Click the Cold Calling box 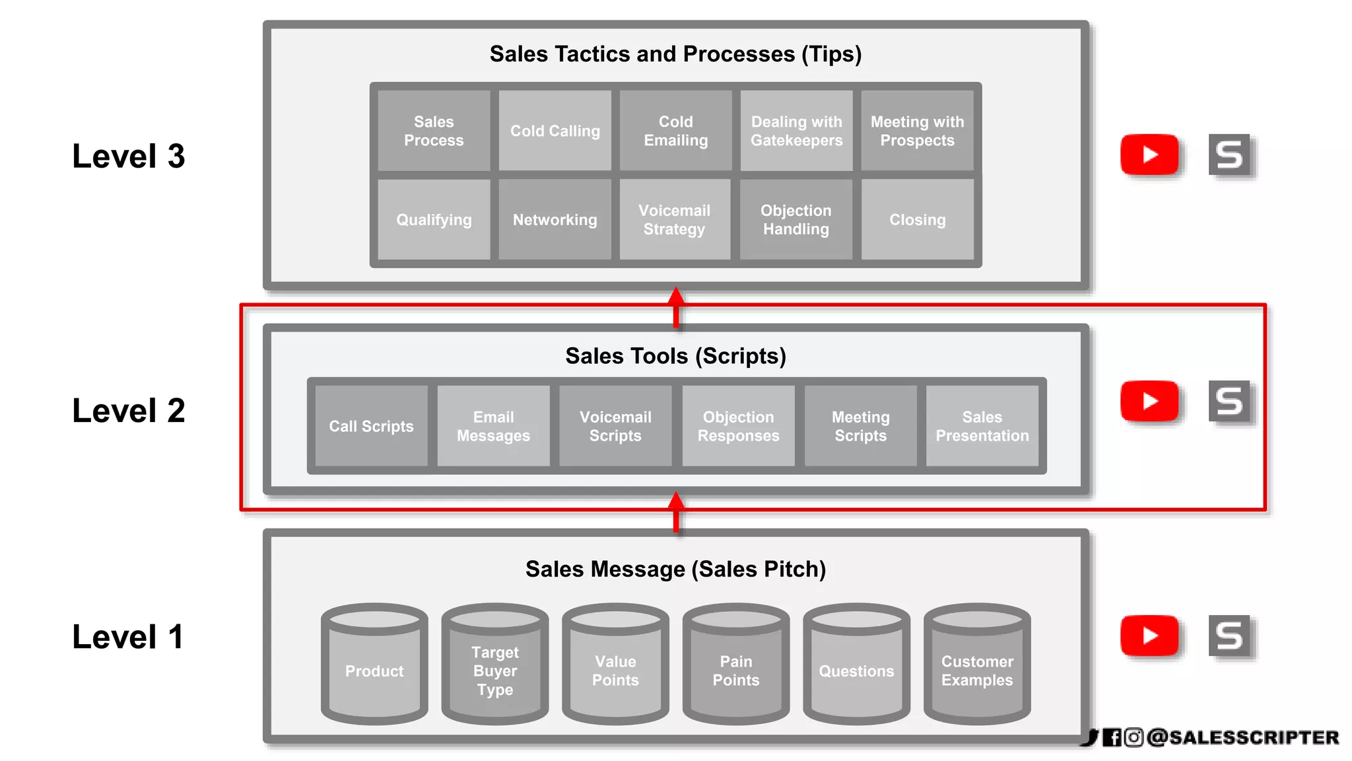(x=555, y=131)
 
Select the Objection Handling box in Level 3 (x=796, y=219)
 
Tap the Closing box (x=917, y=219)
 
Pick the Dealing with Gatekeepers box (x=796, y=131)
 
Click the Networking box (x=555, y=219)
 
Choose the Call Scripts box (x=371, y=426)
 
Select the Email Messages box (x=493, y=426)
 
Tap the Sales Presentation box (x=982, y=426)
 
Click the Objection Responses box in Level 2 (x=738, y=426)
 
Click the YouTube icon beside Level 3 (x=1149, y=155)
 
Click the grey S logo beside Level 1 (x=1229, y=635)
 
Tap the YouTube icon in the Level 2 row (x=1149, y=401)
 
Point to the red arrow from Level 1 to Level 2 (x=676, y=512)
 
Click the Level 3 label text (x=129, y=157)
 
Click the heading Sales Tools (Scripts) (x=675, y=356)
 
